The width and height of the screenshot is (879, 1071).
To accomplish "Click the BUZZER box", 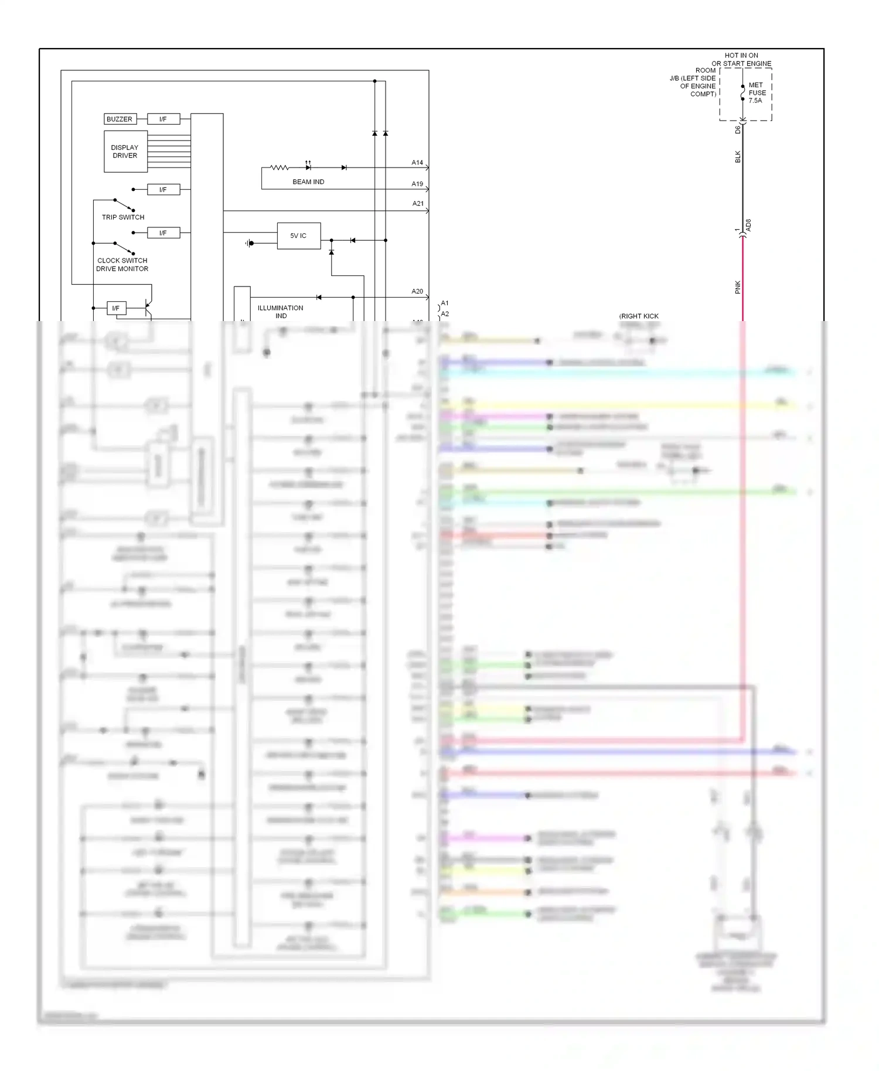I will click(x=120, y=119).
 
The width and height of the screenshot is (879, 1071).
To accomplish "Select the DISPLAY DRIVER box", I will click(x=125, y=151).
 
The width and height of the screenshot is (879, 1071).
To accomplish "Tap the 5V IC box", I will click(x=298, y=236).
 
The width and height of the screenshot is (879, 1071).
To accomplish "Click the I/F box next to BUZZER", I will click(x=163, y=119).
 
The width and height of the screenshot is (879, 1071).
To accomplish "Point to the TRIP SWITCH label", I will click(x=123, y=217).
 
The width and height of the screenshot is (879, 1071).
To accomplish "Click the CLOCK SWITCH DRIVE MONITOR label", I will click(x=122, y=264).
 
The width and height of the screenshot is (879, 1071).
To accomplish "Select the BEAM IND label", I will click(x=308, y=182).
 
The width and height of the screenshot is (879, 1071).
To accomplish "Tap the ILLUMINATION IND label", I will click(x=281, y=311).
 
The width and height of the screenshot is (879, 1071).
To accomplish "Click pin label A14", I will click(x=417, y=162).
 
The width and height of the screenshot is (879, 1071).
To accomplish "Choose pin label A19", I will click(x=417, y=183).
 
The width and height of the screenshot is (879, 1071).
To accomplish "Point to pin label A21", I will click(x=418, y=203).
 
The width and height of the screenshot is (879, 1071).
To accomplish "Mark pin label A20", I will click(x=417, y=291).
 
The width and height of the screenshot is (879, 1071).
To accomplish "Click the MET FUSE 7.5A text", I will click(x=757, y=93).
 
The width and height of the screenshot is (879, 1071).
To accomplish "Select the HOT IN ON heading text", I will click(x=741, y=56).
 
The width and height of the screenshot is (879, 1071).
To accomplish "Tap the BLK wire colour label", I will click(x=738, y=156).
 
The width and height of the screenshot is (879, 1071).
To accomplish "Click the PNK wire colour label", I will click(x=738, y=286).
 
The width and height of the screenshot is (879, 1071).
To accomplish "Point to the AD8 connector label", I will click(x=748, y=225).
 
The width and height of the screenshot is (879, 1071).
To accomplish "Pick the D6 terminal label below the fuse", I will click(x=738, y=129).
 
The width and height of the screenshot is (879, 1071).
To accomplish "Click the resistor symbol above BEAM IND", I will click(x=280, y=168).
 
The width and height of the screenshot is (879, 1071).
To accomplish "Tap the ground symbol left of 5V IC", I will click(x=250, y=243).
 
